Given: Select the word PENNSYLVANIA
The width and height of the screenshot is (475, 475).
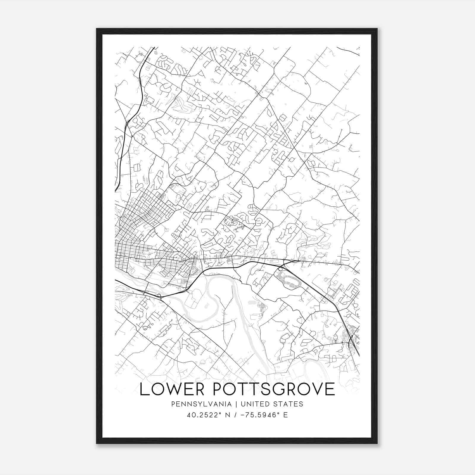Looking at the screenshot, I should tap(197, 404).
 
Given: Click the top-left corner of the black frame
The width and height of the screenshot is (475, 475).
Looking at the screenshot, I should tap(97, 29).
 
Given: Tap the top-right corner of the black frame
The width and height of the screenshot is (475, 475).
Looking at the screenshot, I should tap(377, 29).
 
